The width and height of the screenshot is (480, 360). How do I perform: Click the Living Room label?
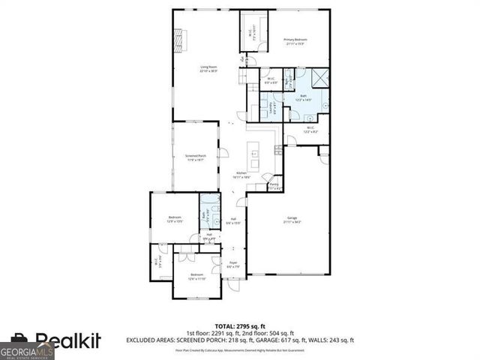(x=208, y=69)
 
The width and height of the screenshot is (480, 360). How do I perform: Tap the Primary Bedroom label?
(x=296, y=41)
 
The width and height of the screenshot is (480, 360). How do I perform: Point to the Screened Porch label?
(x=196, y=158)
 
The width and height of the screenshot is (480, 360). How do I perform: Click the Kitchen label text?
(x=242, y=174)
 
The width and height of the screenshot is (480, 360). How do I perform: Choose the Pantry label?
(x=274, y=186)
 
